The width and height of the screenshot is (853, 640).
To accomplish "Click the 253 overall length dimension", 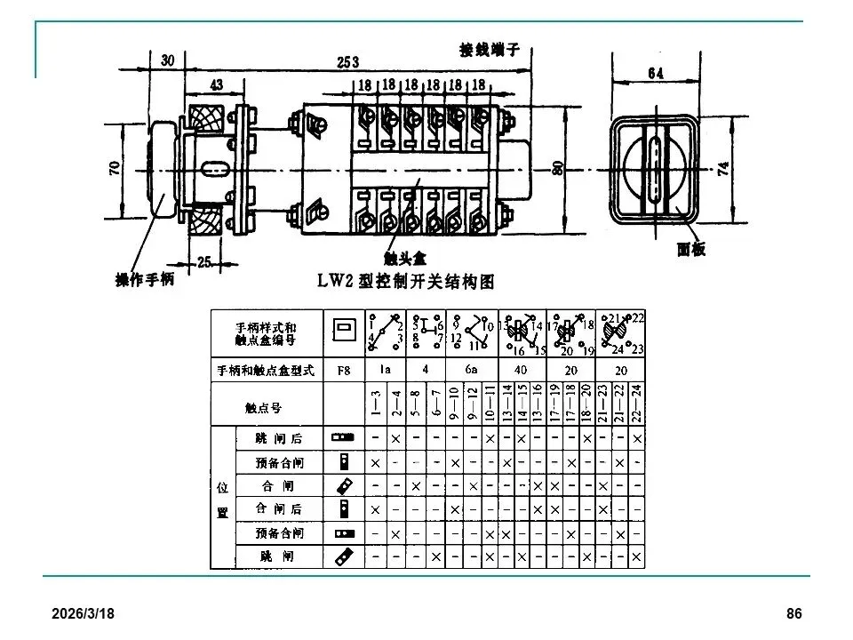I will click(348, 61).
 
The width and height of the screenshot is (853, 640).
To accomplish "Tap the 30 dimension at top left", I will click(168, 60).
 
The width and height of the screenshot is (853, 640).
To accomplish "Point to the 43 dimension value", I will click(216, 84).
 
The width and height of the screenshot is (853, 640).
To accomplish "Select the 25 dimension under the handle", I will click(203, 261).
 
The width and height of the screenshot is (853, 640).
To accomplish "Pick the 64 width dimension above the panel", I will click(655, 74).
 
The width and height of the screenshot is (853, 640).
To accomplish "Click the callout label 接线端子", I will click(489, 50).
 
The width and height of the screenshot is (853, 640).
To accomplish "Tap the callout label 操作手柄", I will click(145, 279).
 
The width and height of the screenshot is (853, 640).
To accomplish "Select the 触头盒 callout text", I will click(405, 257).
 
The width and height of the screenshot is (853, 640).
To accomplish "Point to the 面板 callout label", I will click(690, 250).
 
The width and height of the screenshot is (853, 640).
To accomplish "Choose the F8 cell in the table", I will click(342, 370).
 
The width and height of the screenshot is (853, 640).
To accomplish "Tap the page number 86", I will click(794, 614).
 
